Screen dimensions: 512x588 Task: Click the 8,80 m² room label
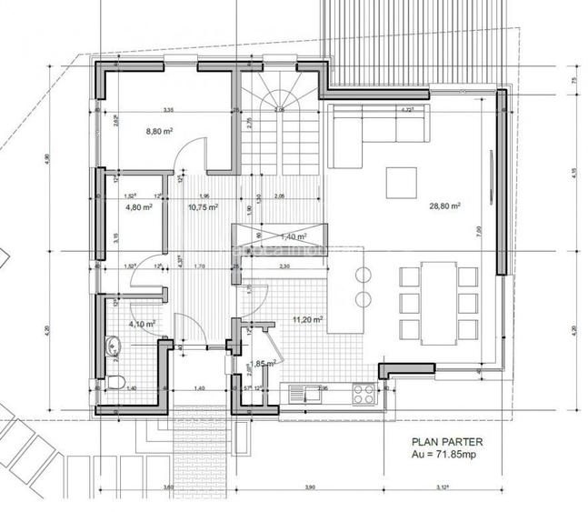click(x=160, y=131)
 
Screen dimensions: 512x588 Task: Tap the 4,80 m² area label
click(x=137, y=206)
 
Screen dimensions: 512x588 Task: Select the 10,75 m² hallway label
click(x=203, y=206)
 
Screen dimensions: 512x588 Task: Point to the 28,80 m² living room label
click(x=444, y=206)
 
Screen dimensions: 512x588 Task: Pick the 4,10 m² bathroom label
click(x=142, y=323)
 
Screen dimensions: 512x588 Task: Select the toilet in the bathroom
click(x=115, y=381)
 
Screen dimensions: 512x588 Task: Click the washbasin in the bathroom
click(x=113, y=346)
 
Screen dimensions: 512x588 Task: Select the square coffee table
click(x=401, y=182)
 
